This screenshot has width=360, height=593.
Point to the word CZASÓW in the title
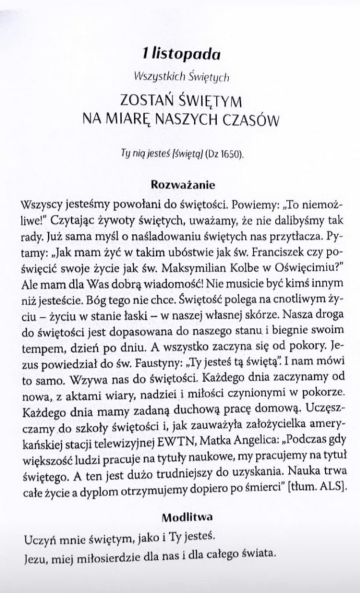point(249,119)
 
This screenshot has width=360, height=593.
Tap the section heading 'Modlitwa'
point(183,515)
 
